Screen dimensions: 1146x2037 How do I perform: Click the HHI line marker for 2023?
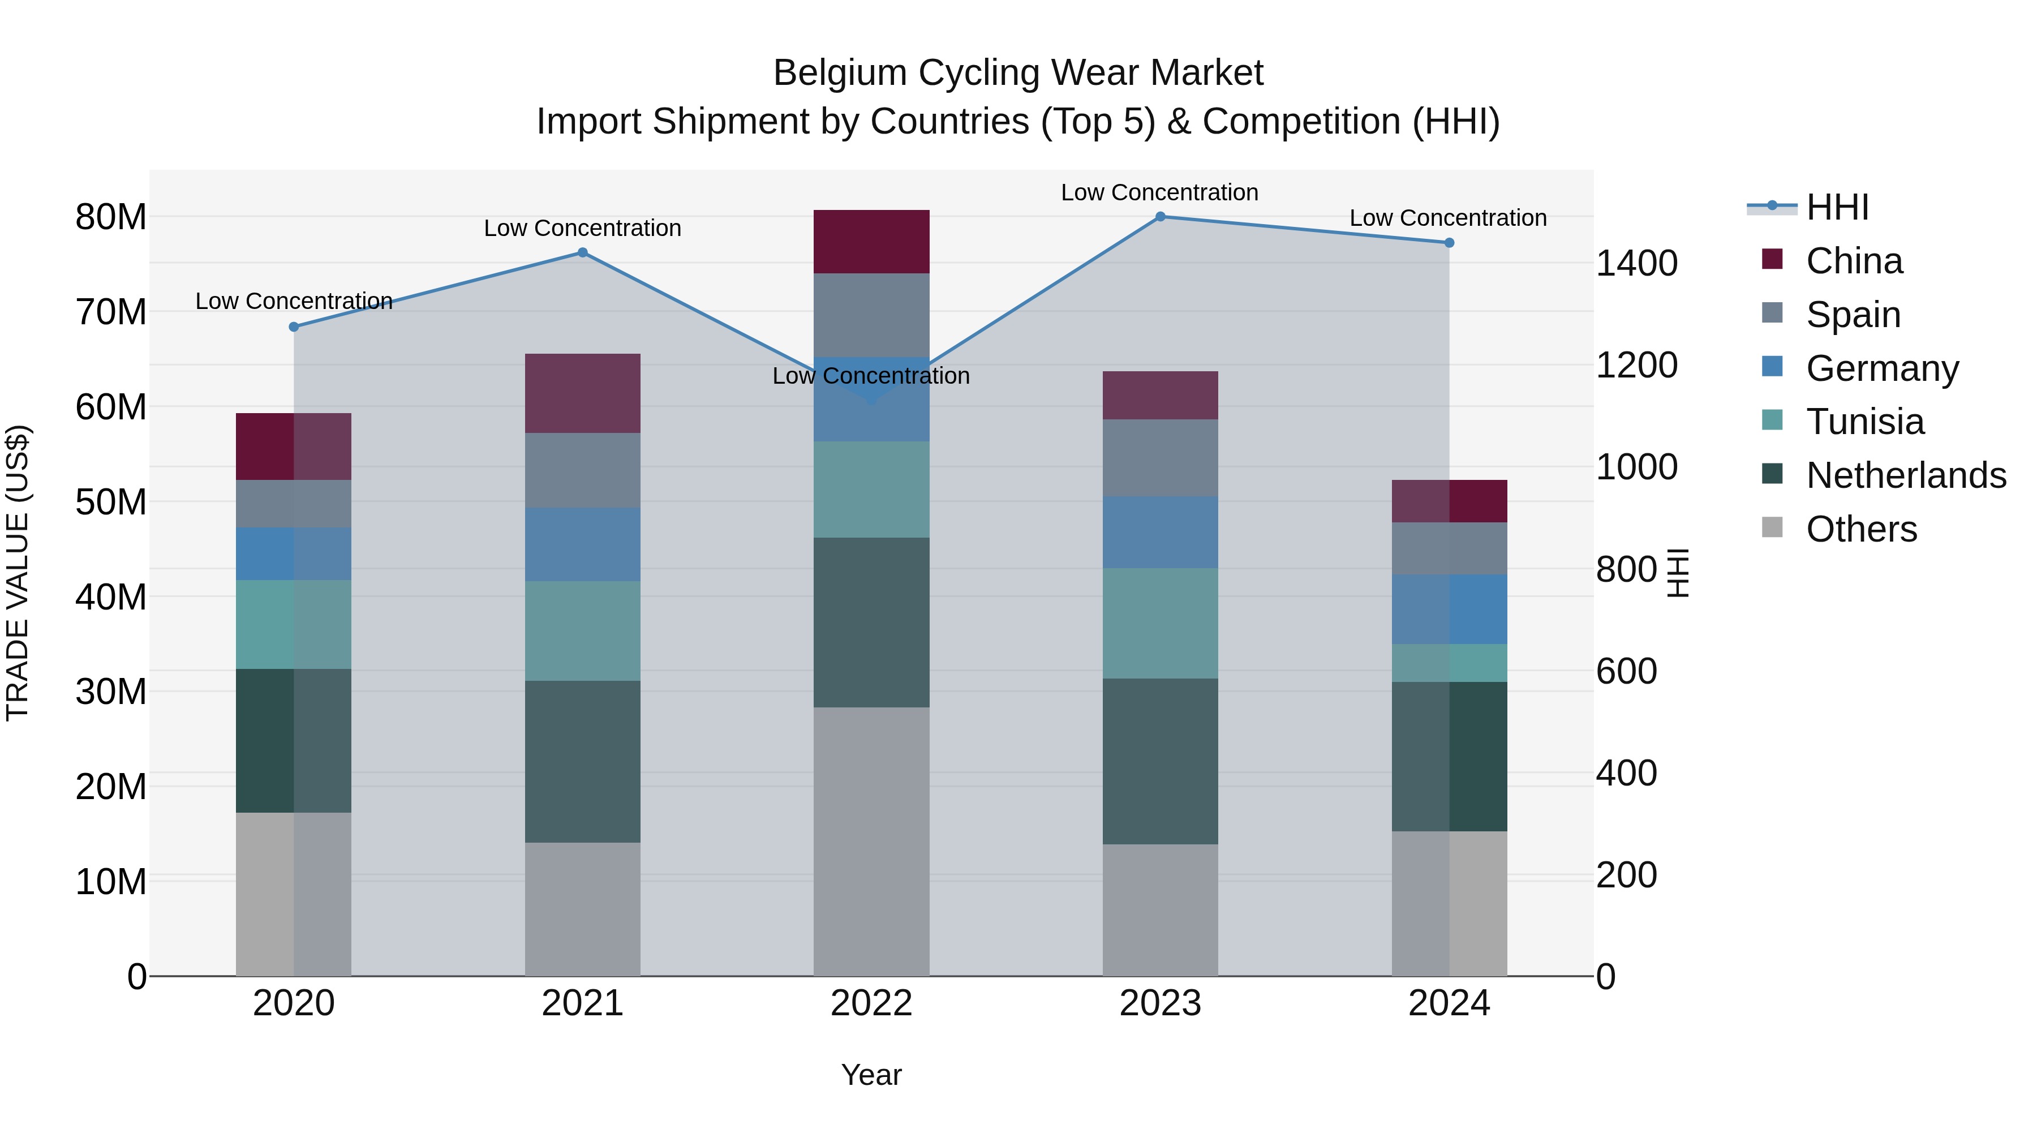[x=1160, y=217]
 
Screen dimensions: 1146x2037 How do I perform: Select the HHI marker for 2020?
[x=294, y=327]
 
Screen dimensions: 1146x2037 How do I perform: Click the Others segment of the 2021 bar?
[x=583, y=909]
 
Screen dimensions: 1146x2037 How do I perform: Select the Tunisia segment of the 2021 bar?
[x=583, y=631]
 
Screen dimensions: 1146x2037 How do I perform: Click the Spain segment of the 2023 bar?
[x=1160, y=458]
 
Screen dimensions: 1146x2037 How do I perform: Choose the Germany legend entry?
[x=1882, y=368]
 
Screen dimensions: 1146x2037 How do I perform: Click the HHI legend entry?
[x=1837, y=207]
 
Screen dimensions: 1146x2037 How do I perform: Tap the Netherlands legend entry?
[x=1906, y=475]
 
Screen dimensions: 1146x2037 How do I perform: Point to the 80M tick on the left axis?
[x=111, y=217]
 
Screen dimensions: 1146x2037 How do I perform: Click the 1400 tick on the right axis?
[x=1636, y=263]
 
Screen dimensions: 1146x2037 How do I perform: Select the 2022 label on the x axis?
[x=871, y=1003]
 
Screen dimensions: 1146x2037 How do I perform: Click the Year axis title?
[x=871, y=1075]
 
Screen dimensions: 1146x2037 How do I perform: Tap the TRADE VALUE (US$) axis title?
[x=18, y=573]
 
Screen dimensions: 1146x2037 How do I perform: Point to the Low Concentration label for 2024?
[x=1448, y=218]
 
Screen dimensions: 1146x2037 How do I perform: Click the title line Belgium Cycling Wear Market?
[x=1018, y=73]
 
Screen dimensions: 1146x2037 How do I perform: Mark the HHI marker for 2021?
[x=583, y=253]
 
